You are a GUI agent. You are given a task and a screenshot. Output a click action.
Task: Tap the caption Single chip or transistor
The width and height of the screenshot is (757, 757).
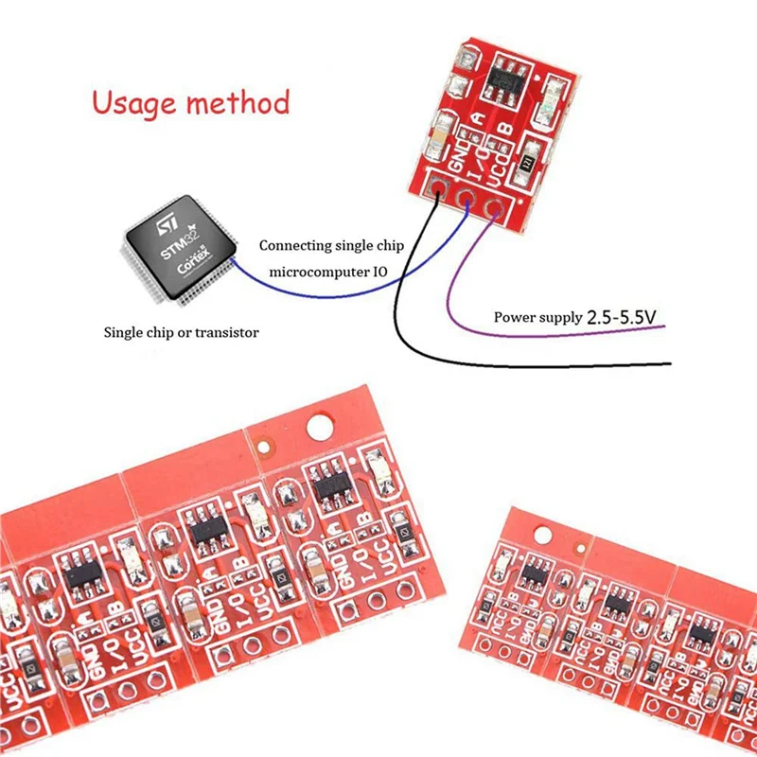pyautogui.click(x=181, y=333)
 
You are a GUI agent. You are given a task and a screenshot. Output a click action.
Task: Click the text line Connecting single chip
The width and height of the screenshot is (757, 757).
pyautogui.click(x=332, y=245)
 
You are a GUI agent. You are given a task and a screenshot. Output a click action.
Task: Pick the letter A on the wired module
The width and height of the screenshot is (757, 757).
pyautogui.click(x=479, y=119)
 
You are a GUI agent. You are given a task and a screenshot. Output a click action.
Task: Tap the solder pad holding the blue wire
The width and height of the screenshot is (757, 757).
pyautogui.click(x=466, y=198)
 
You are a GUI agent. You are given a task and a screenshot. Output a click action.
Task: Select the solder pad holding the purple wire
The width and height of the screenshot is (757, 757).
pyautogui.click(x=492, y=206)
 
